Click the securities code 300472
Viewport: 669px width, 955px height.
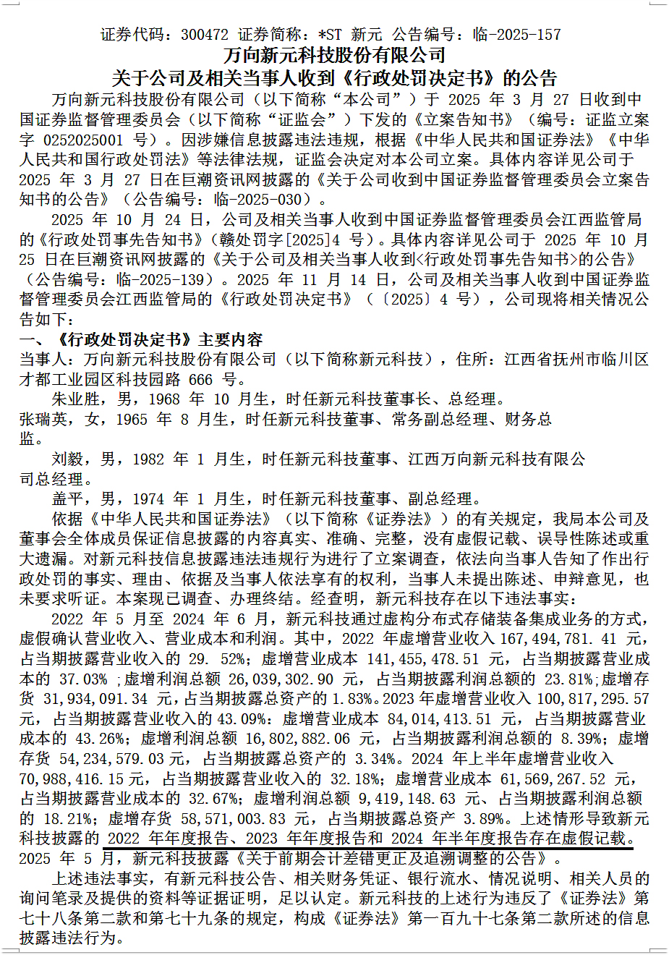click(x=205, y=35)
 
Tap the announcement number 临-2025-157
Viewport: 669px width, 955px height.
click(x=516, y=35)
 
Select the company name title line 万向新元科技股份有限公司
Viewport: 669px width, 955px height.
click(x=334, y=56)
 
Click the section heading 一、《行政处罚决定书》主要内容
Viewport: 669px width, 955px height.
click(x=141, y=339)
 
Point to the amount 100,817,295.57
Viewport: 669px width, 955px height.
click(x=589, y=699)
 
